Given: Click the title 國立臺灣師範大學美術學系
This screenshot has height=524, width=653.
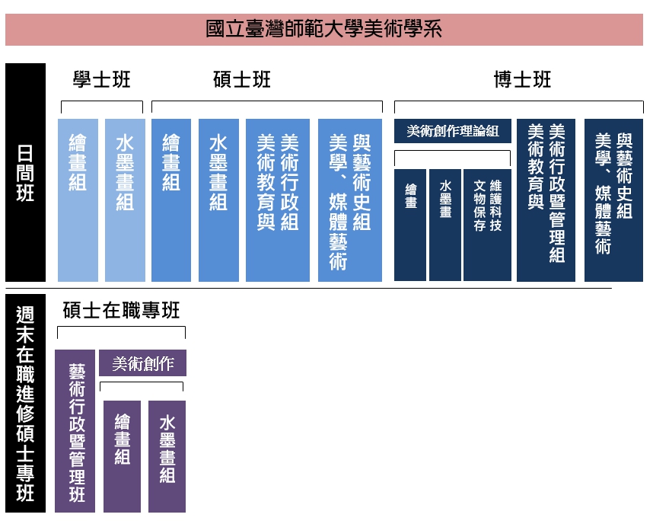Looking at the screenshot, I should [x=323, y=30].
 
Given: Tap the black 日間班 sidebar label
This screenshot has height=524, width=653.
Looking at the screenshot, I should [x=25, y=173].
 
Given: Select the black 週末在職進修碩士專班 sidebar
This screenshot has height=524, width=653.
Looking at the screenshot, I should [x=25, y=403].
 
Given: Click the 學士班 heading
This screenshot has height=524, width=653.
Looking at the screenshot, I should [x=102, y=80].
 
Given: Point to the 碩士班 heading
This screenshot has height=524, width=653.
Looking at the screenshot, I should [x=242, y=80].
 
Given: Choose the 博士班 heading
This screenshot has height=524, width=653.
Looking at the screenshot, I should [x=522, y=80].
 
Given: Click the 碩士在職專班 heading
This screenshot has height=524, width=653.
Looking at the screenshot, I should [x=122, y=311].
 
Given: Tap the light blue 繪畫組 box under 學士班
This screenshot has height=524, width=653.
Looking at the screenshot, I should [x=78, y=200].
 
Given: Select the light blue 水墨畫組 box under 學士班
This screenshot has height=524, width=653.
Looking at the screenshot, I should [x=125, y=200].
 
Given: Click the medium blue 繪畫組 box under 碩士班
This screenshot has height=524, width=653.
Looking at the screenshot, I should [x=171, y=200].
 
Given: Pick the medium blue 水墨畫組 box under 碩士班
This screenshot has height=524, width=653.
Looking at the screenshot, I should [x=218, y=200].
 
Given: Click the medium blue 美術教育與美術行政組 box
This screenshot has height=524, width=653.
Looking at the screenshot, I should [x=278, y=200].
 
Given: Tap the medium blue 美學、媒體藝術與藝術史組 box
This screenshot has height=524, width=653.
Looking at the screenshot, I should [x=350, y=200].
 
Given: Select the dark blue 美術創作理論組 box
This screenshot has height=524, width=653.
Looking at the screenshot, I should [x=453, y=131].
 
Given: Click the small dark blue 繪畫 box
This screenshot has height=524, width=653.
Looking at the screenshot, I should [x=410, y=225].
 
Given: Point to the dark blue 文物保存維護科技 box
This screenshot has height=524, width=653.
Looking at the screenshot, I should [x=487, y=225].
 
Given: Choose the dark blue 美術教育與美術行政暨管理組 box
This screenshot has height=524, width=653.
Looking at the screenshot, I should [x=546, y=200].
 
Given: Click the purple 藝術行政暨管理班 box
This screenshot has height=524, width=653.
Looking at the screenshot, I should [x=75, y=431].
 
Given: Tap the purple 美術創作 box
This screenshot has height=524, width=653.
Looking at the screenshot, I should [x=143, y=363].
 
